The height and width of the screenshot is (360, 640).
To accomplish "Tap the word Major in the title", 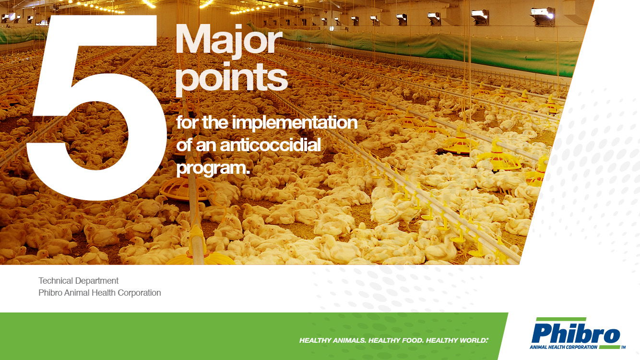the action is pyautogui.click(x=229, y=41).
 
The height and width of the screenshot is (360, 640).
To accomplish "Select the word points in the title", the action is pyautogui.click(x=231, y=79).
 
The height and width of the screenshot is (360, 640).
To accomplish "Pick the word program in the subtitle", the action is pyautogui.click(x=211, y=168).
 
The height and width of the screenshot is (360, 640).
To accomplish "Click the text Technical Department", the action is pyautogui.click(x=78, y=281).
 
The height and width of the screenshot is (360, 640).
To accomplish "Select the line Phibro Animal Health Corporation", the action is pyautogui.click(x=100, y=293).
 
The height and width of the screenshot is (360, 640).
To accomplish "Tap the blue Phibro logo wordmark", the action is pyautogui.click(x=575, y=334).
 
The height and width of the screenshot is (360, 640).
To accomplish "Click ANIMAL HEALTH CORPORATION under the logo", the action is pyautogui.click(x=563, y=347).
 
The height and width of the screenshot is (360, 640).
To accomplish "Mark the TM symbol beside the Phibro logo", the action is pyautogui.click(x=623, y=348).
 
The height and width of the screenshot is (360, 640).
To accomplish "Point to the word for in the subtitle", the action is pyautogui.click(x=188, y=122).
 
